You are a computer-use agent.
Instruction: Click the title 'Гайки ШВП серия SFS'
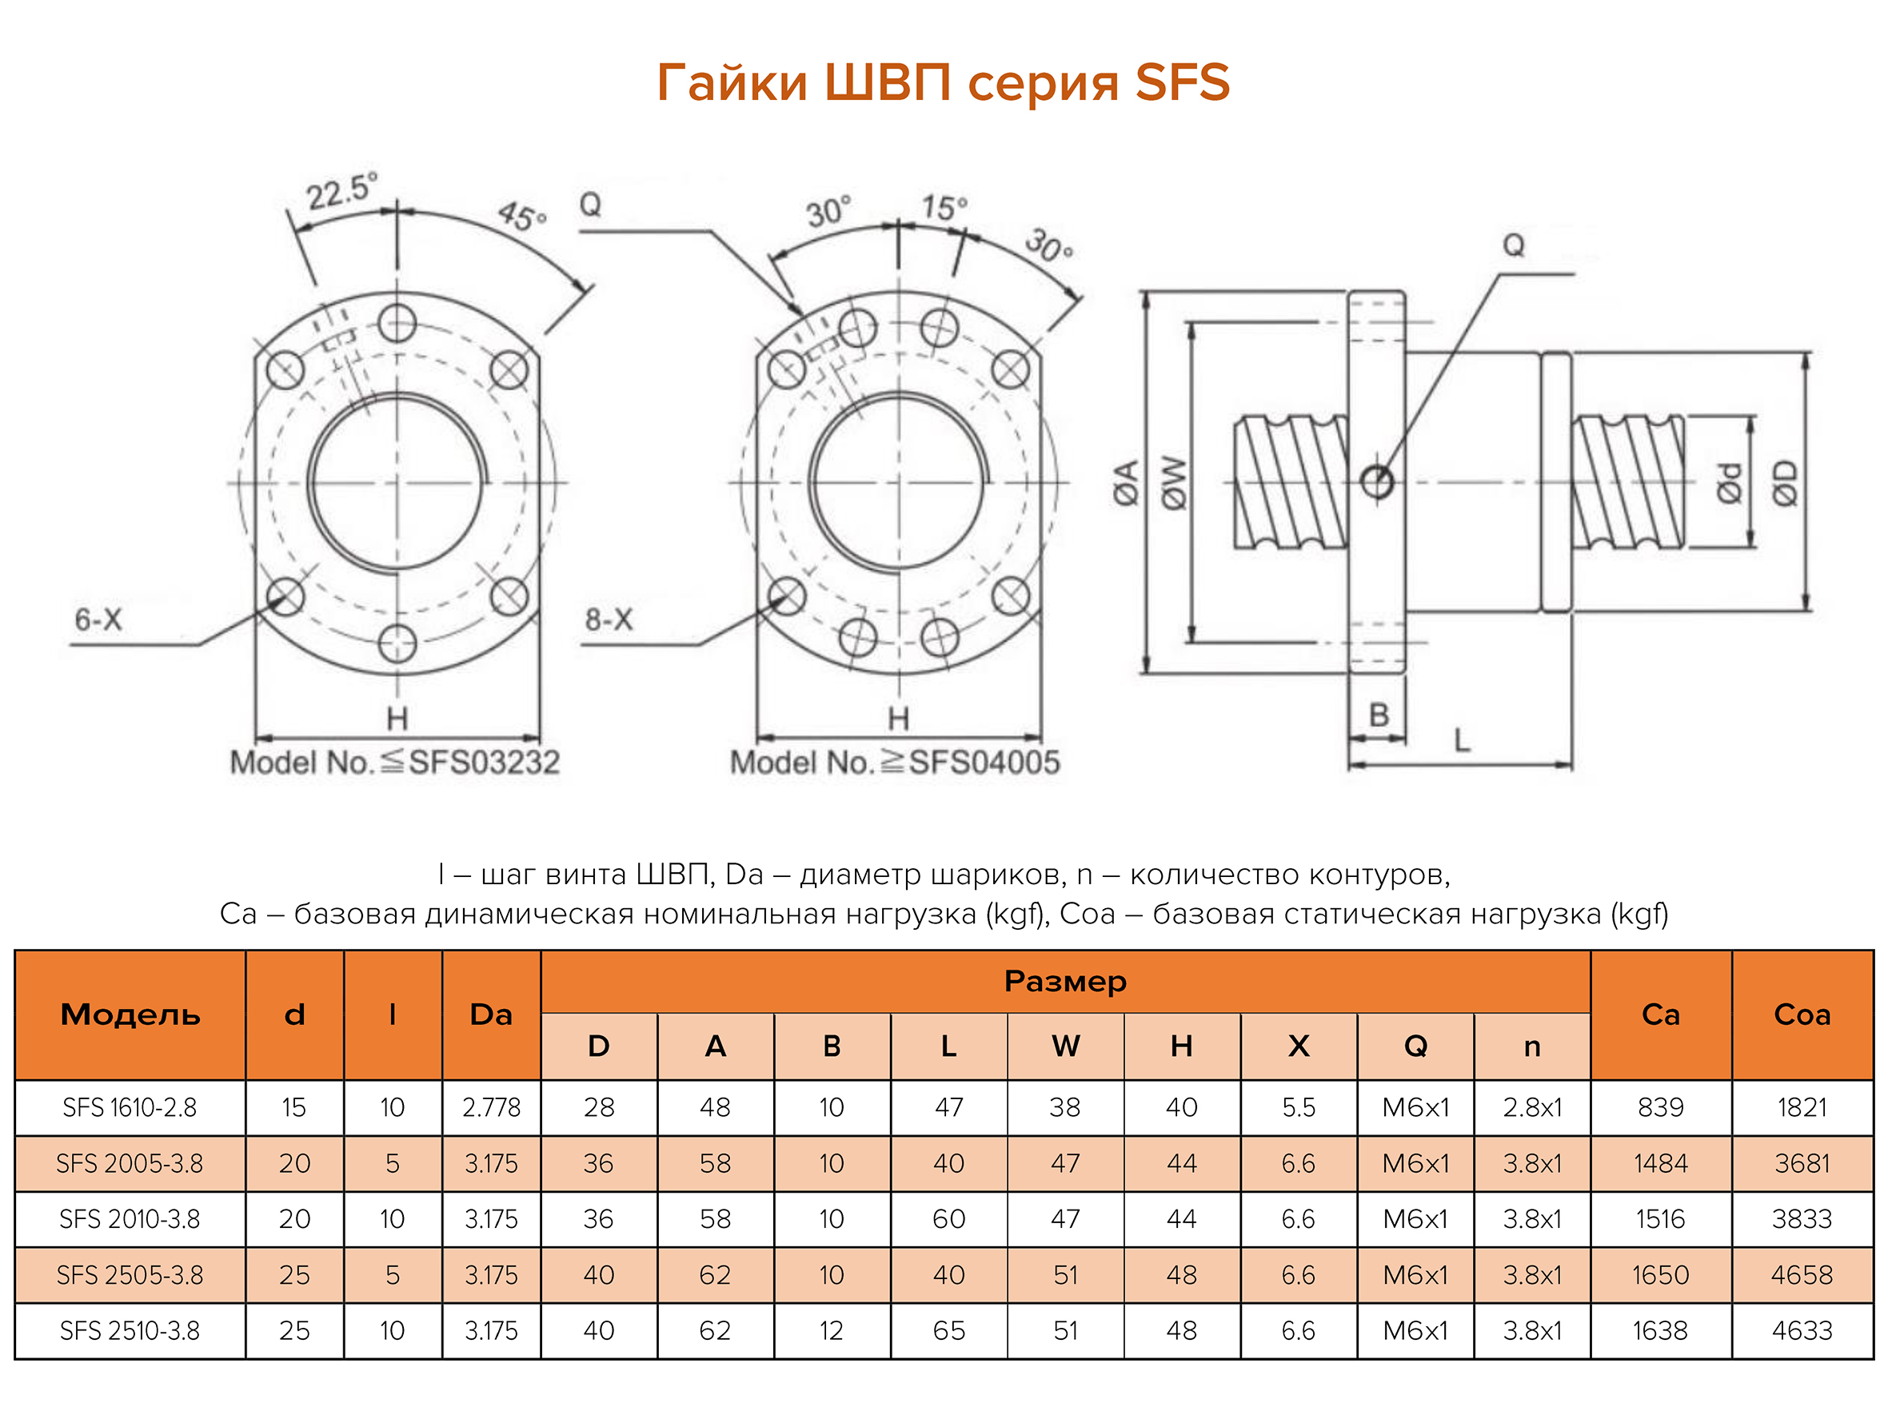point(943,83)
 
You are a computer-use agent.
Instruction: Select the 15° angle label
point(944,207)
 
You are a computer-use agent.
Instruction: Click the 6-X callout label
point(98,620)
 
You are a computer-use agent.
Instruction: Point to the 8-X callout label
point(608,620)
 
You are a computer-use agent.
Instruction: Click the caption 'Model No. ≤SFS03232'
point(394,762)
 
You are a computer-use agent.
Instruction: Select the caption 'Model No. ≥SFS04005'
point(895,762)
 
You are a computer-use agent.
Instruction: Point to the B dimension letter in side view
point(1379,715)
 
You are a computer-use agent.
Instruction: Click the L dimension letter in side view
point(1463,739)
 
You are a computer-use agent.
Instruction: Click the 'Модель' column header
point(130,1014)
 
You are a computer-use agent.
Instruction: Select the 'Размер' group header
point(1065,981)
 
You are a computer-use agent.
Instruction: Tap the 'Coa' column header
point(1802,1014)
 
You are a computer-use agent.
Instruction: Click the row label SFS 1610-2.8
point(130,1108)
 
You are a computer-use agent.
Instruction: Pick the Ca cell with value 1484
point(1660,1163)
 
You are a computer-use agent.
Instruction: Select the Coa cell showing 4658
point(1802,1275)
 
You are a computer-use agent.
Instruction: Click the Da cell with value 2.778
point(491,1108)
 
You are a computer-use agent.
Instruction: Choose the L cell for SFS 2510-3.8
point(948,1331)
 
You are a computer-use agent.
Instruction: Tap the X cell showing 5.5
point(1299,1108)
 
